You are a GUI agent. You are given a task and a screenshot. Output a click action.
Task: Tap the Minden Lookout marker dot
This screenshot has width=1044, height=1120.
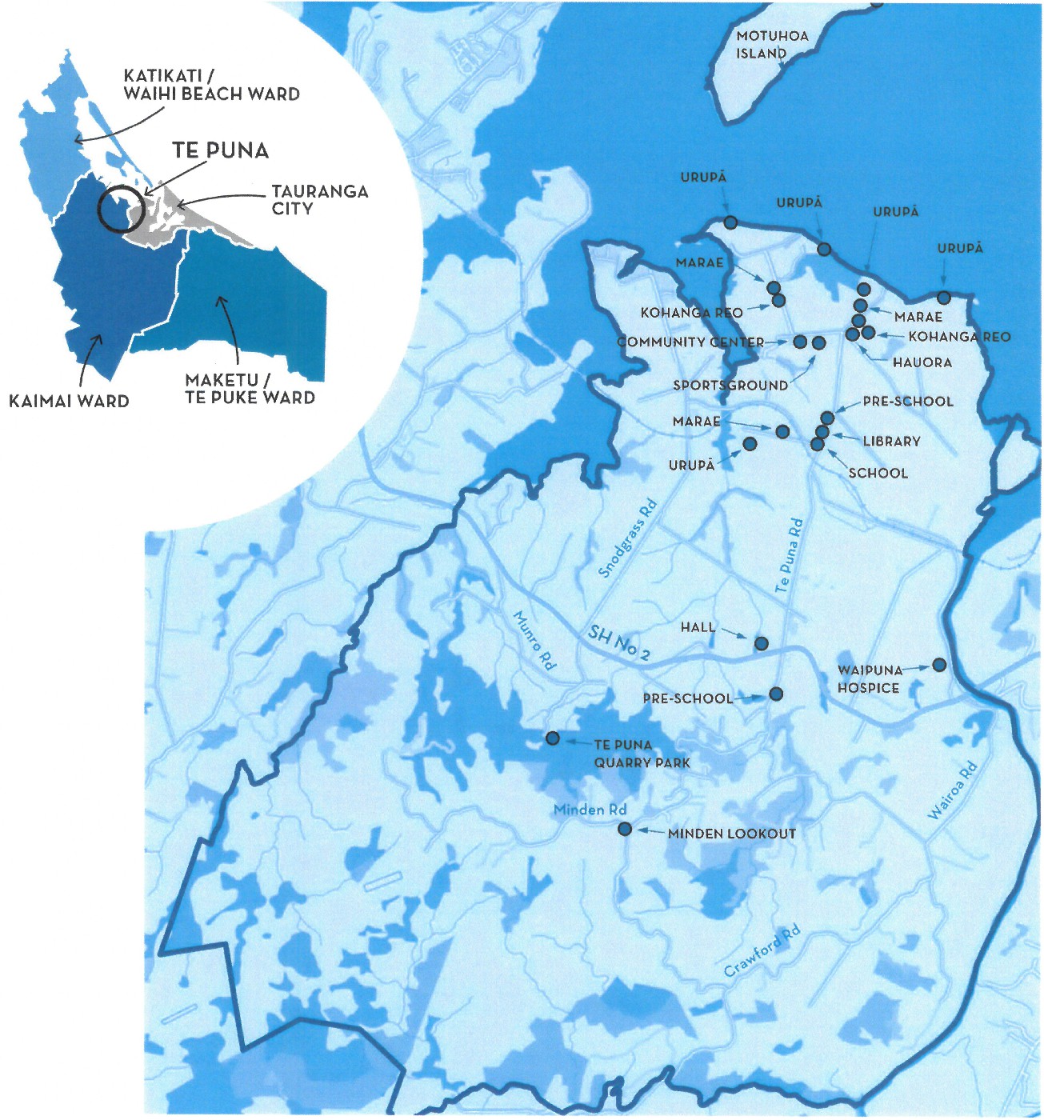625,830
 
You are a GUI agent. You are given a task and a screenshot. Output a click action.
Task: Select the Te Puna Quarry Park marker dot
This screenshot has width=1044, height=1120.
552,738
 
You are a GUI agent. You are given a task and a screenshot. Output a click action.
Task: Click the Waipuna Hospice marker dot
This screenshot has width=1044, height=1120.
939,665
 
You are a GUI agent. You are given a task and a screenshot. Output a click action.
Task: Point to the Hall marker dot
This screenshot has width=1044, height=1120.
762,643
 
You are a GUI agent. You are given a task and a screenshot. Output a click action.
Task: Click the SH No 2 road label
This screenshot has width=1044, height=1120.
618,642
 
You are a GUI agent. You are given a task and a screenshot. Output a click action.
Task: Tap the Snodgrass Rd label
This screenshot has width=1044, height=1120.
628,538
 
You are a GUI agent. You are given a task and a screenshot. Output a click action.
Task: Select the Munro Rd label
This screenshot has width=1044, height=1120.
534,640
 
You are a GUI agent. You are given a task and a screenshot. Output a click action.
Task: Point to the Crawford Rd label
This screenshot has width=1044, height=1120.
762,951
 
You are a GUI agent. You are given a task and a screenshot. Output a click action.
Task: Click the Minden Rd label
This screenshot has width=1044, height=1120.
590,810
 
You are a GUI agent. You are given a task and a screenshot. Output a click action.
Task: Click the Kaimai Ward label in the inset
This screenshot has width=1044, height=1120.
69,401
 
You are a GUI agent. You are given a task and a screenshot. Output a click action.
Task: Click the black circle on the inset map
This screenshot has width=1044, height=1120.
121,208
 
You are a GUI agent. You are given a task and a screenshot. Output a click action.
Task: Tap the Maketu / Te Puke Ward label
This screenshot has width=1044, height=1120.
250,389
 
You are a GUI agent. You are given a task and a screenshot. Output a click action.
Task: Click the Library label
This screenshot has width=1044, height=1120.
891,441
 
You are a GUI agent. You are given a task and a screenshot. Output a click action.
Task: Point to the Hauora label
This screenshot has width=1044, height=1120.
922,362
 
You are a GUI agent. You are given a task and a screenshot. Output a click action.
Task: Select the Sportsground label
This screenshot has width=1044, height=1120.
730,385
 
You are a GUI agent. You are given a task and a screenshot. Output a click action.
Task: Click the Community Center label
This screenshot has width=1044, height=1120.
690,342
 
